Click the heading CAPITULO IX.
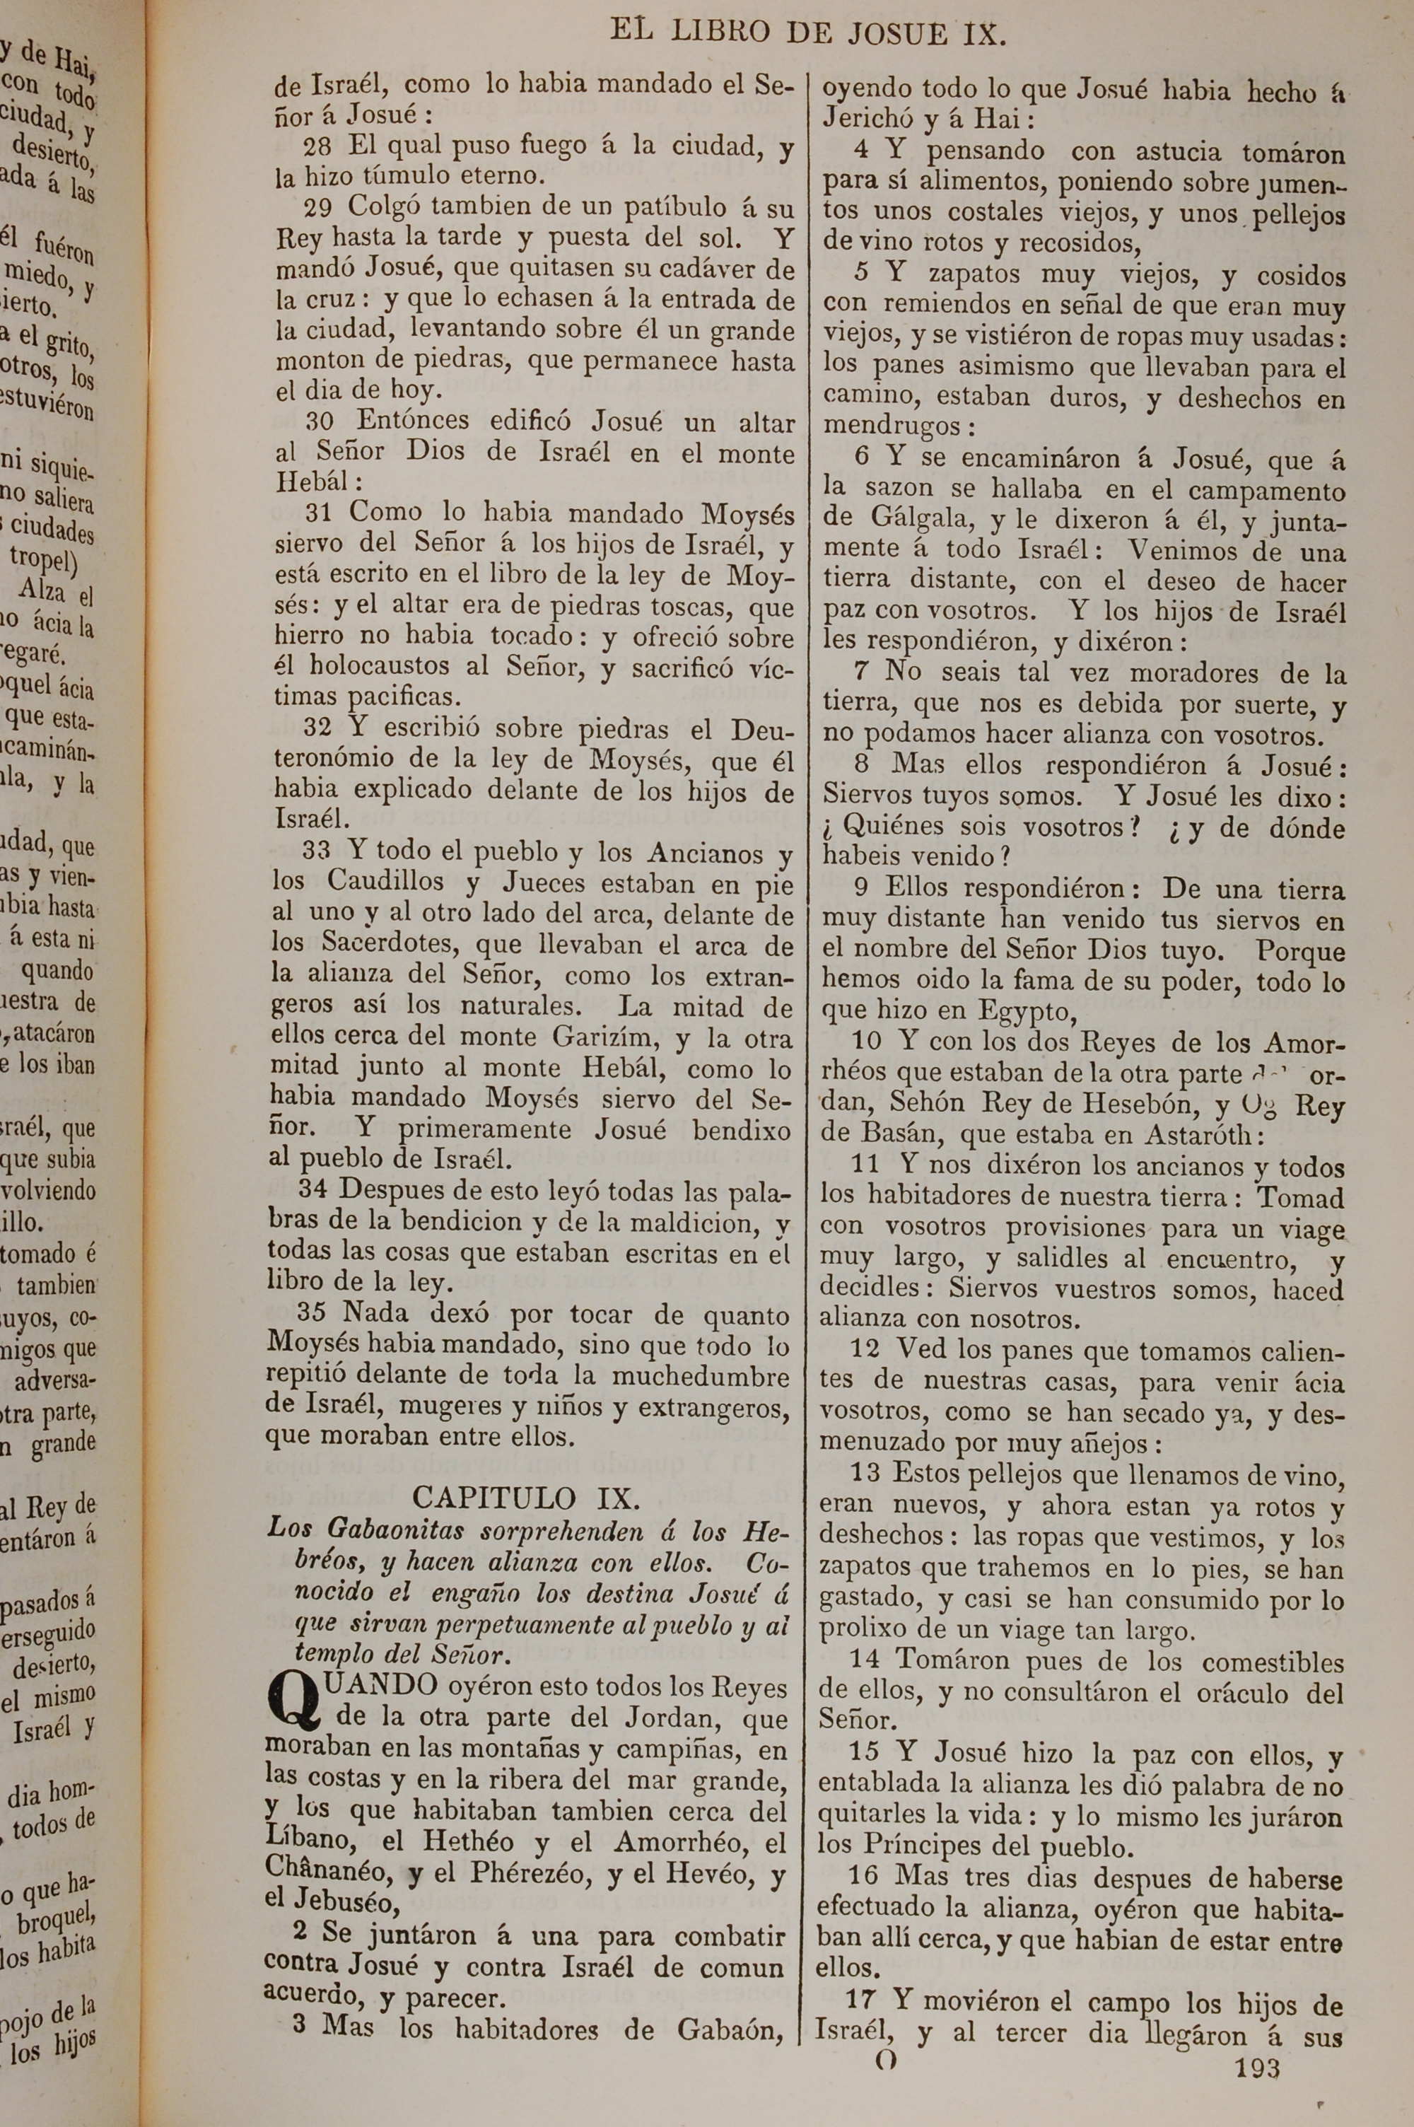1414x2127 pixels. coord(527,1498)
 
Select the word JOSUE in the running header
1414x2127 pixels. coord(896,34)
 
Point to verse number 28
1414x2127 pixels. coord(317,147)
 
